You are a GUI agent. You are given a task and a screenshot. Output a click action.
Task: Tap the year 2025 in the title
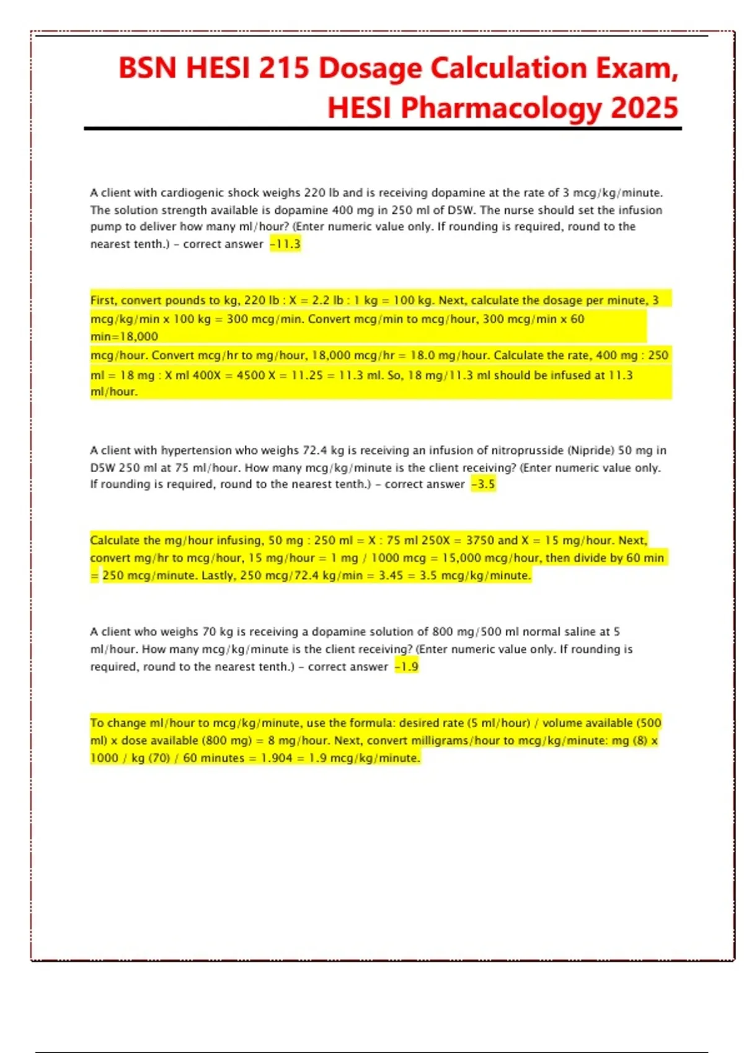pyautogui.click(x=645, y=108)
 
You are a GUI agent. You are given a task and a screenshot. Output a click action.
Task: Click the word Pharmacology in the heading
pyautogui.click(x=502, y=108)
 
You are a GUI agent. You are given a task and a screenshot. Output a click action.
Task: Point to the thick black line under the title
pyautogui.click(x=383, y=129)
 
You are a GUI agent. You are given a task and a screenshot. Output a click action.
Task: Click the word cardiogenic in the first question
pyautogui.click(x=192, y=193)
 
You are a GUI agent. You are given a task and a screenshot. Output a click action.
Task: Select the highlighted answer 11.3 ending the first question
pyautogui.click(x=286, y=244)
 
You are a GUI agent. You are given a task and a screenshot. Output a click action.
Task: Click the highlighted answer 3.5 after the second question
pyautogui.click(x=485, y=484)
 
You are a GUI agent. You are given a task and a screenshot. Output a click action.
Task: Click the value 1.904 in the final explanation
pyautogui.click(x=276, y=758)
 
